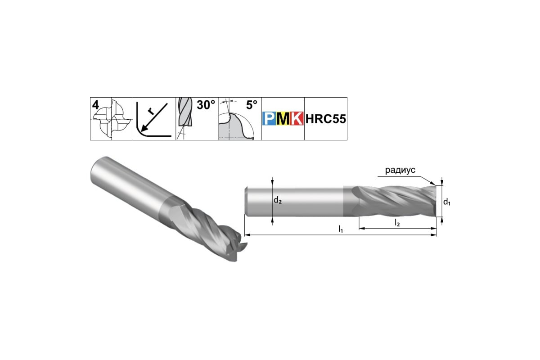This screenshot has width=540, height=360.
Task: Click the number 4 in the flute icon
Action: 95,105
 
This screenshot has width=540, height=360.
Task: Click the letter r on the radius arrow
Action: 151,111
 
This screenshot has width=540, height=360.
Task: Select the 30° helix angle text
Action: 206,105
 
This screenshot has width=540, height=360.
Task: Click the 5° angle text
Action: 252,105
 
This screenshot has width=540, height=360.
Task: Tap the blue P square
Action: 269,118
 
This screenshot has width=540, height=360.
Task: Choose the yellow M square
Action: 283,118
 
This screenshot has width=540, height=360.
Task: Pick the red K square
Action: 297,118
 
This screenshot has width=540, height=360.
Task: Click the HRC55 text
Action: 326,119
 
